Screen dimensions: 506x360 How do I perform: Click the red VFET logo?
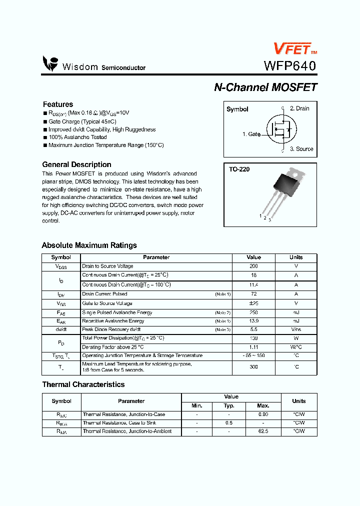click(291, 48)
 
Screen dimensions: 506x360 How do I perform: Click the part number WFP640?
click(289, 66)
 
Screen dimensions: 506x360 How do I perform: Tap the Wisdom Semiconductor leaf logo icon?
click(50, 63)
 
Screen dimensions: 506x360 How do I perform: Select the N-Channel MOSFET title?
click(265, 87)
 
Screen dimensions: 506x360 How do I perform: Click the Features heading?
click(58, 104)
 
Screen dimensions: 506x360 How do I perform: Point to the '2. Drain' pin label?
click(299, 108)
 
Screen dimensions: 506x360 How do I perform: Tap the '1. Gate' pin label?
click(251, 134)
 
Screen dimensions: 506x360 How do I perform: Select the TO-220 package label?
click(239, 169)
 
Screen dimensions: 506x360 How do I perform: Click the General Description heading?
click(76, 164)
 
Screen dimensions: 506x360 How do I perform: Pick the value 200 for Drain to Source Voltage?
click(253, 266)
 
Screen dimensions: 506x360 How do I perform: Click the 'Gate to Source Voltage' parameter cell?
click(107, 303)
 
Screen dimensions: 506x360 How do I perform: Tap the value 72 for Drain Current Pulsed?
click(253, 294)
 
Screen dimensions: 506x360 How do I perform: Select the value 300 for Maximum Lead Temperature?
click(253, 367)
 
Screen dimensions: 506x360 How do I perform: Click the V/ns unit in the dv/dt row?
click(296, 330)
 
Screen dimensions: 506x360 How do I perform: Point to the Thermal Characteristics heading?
click(83, 384)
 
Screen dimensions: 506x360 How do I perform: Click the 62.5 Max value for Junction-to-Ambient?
click(263, 431)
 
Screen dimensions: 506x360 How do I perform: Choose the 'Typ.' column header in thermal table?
click(229, 406)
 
